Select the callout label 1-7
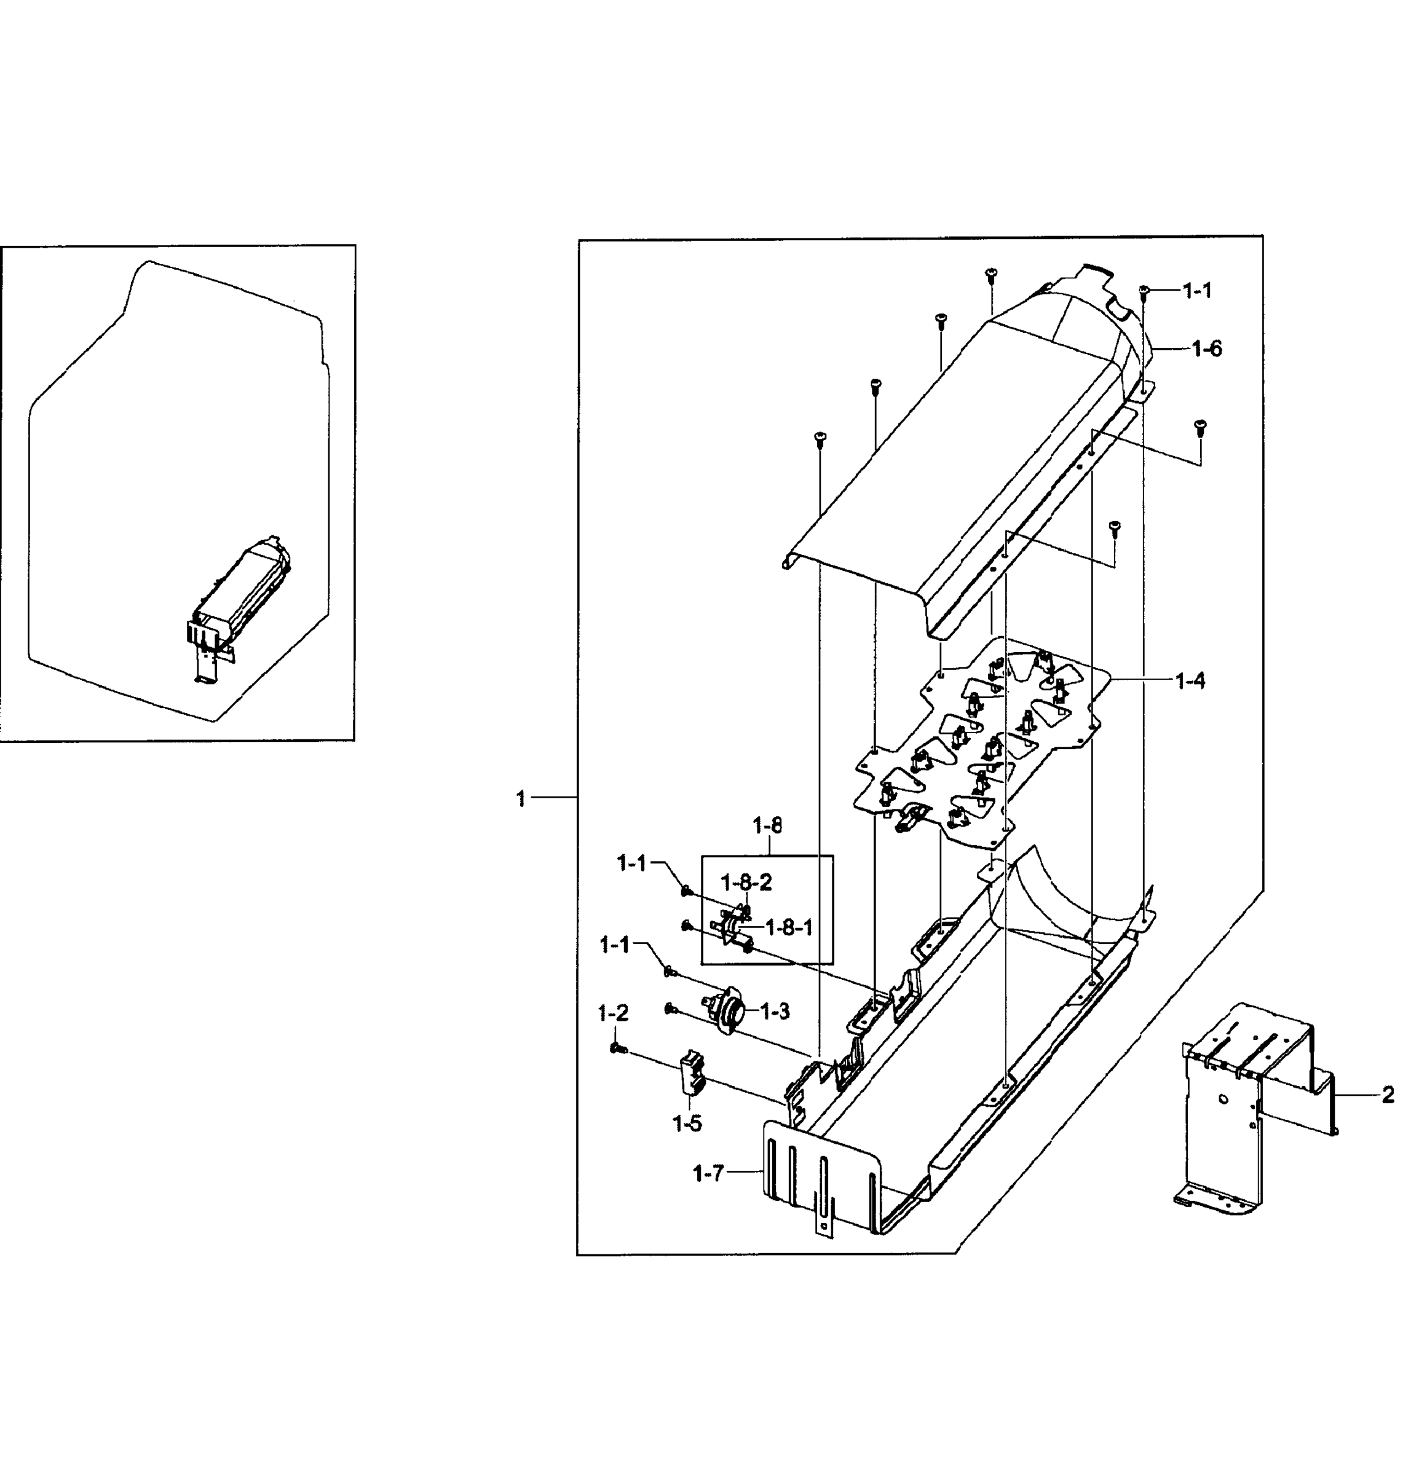coord(708,1173)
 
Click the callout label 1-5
coord(687,1124)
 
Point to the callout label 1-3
coord(775,1012)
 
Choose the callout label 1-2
coord(613,1013)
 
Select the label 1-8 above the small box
coord(767,825)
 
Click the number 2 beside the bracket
coord(1388,1095)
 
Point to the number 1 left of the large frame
coord(521,798)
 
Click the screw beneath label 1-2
coord(619,1048)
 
